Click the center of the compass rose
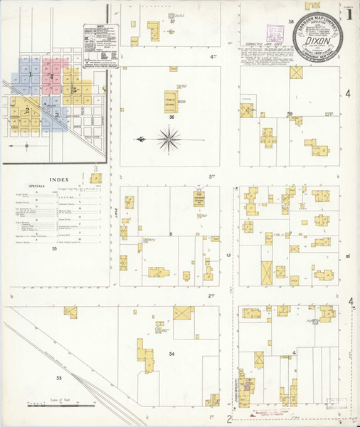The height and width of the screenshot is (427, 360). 169,138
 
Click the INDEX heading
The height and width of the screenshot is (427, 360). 53,180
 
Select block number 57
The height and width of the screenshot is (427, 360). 172,22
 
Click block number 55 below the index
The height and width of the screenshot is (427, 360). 53,248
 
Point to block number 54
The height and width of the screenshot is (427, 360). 171,353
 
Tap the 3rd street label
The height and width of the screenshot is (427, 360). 211,176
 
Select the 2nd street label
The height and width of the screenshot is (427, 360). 211,295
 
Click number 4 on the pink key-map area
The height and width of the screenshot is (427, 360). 52,75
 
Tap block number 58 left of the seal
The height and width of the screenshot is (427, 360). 292,23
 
